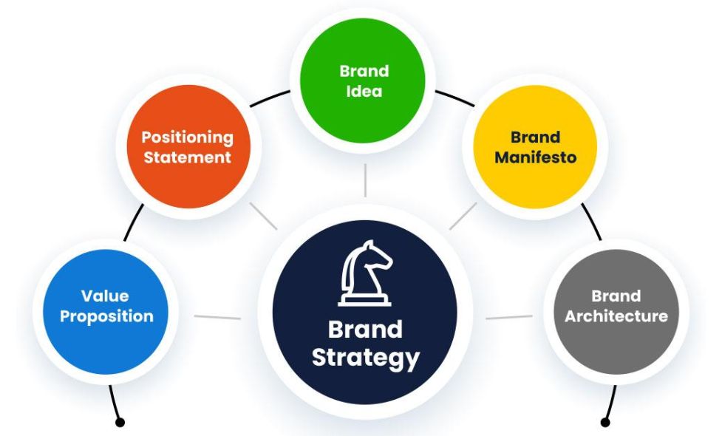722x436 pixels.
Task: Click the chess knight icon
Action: click(x=364, y=274)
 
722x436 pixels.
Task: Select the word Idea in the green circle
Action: click(x=364, y=92)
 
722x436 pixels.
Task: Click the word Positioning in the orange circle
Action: click(x=187, y=137)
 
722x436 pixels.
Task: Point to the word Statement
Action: click(x=187, y=157)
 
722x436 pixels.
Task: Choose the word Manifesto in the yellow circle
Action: click(x=535, y=157)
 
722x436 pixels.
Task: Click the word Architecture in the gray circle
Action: click(x=616, y=316)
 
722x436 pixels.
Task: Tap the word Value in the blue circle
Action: click(x=106, y=296)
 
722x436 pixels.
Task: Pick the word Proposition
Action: click(x=106, y=316)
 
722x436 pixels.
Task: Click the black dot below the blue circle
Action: click(x=120, y=422)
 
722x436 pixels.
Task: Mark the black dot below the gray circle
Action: click(x=606, y=422)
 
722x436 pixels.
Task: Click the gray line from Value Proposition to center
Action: click(x=217, y=318)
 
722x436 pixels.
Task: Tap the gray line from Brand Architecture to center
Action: click(x=509, y=318)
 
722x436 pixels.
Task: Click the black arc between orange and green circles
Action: click(x=270, y=98)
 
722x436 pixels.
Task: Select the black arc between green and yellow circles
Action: click(x=454, y=98)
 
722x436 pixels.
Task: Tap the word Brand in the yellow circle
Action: click(x=535, y=137)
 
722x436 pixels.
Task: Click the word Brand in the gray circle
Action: click(x=616, y=296)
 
